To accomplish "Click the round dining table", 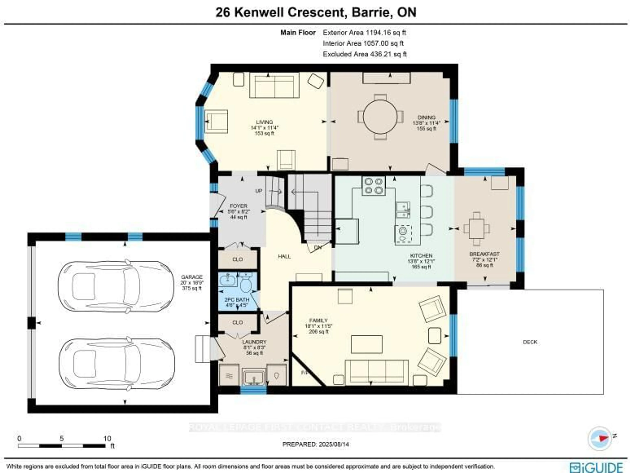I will coord(380,117).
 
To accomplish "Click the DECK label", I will coord(530,342).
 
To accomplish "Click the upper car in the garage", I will coord(116,286).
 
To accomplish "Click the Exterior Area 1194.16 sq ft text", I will coord(364,33).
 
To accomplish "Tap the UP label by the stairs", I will coord(259,191).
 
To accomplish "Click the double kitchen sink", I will coord(403,210).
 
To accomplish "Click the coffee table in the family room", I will coord(367,344).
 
